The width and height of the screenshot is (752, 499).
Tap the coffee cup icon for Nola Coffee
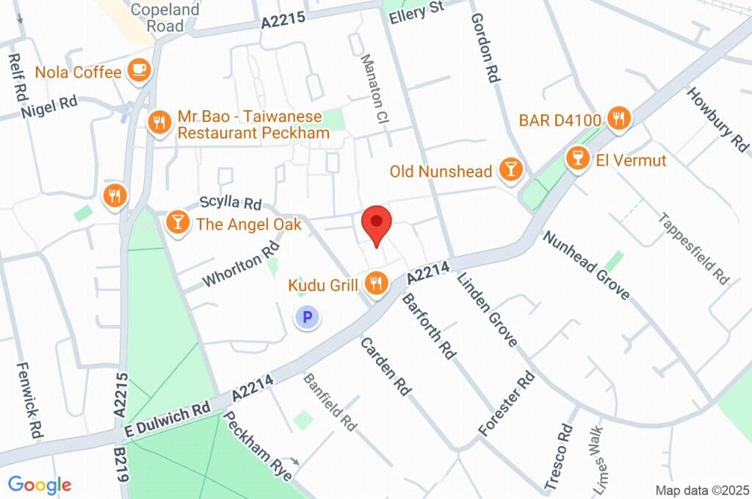tap(139, 70)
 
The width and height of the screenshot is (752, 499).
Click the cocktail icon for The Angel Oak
tap(177, 222)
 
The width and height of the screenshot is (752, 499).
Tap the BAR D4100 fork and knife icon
tap(619, 118)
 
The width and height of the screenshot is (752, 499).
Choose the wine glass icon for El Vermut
tap(579, 159)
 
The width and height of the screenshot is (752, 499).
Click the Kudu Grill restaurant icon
tap(377, 283)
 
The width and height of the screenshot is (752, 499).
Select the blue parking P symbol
tap(307, 318)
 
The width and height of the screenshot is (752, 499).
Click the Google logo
tap(40, 484)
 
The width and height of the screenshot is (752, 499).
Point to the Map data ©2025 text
tap(701, 489)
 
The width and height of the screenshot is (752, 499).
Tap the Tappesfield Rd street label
tap(694, 249)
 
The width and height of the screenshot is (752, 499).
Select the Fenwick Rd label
tap(27, 401)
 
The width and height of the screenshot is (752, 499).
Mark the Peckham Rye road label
tap(258, 445)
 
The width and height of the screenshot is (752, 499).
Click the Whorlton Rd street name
tap(242, 265)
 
